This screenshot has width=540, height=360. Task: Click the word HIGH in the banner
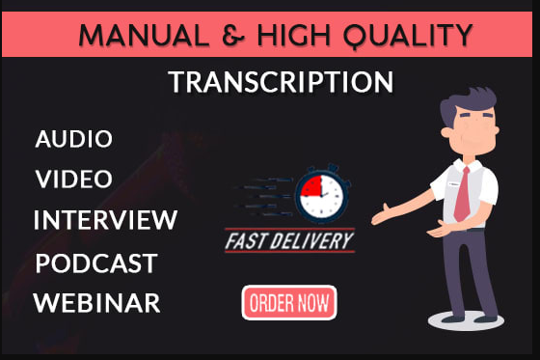coord(290,36)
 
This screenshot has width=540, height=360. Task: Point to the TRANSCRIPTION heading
coord(281,83)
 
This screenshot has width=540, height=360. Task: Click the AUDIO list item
coord(74,139)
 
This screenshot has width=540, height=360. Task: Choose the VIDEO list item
coord(74,180)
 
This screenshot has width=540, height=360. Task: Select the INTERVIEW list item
coord(105,220)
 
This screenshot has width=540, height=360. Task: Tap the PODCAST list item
coord(95,263)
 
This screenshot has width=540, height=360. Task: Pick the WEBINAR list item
coord(96,303)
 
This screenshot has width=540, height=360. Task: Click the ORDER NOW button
coord(288,303)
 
